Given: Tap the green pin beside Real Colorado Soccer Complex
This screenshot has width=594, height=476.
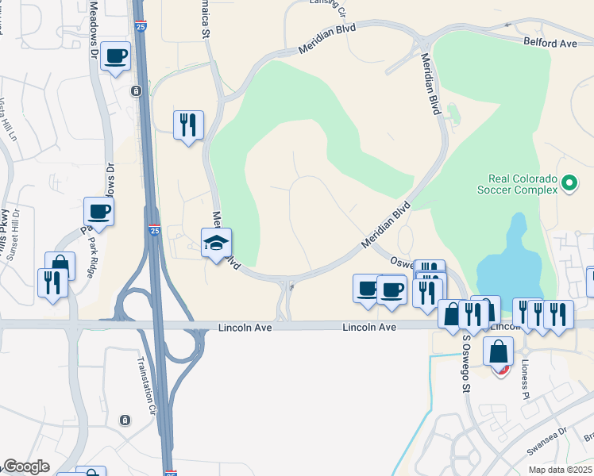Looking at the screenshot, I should (x=569, y=183).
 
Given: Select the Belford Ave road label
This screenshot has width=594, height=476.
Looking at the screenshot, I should (x=550, y=44).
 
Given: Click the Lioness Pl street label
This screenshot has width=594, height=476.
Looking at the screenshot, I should (x=524, y=378).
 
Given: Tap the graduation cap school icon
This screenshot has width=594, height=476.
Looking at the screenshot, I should (x=216, y=242).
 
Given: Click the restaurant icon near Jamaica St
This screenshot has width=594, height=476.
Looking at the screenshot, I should (x=188, y=125).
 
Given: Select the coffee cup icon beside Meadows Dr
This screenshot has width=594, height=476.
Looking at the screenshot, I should (x=116, y=56).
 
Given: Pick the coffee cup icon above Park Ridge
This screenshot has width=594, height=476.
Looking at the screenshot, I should (x=99, y=211).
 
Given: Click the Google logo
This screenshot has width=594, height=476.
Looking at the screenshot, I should (x=26, y=466).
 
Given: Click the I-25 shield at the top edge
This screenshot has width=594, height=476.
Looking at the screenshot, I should (x=140, y=27).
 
